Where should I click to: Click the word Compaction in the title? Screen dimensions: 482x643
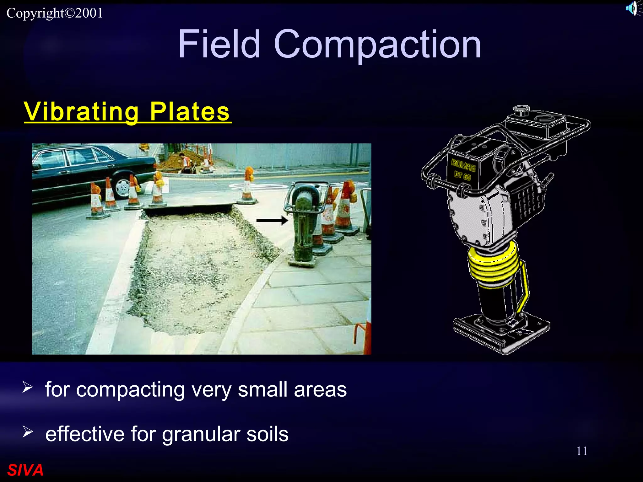coord(377,45)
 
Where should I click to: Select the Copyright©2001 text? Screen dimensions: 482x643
coord(55,13)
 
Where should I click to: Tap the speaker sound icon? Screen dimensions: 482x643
coord(633,8)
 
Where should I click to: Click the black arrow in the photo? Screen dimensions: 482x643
coord(272,221)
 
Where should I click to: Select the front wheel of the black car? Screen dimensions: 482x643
coord(122,188)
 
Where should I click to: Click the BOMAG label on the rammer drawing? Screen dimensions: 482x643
coord(463,165)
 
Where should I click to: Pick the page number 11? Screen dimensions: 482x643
coord(582,451)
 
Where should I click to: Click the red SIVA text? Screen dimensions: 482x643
coord(25,470)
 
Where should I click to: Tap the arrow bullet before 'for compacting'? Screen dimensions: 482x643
coord(28,388)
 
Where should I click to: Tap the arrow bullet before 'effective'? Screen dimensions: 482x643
coord(28,432)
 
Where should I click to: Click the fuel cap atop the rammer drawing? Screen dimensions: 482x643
coord(521,110)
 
